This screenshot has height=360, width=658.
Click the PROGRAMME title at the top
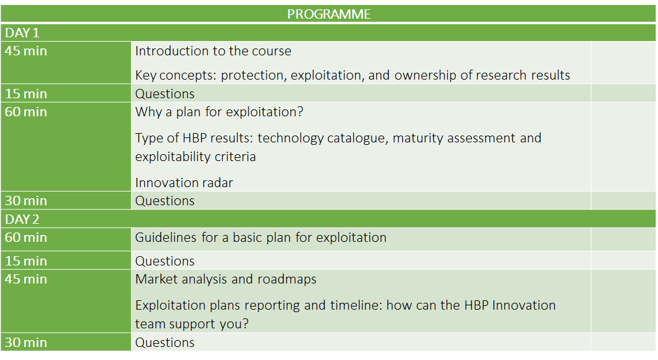click(328, 14)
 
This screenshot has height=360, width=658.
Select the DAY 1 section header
click(22, 33)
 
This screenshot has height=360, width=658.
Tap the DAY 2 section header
click(22, 219)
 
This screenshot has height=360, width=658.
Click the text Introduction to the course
click(213, 51)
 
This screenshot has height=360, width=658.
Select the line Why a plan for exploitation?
click(219, 112)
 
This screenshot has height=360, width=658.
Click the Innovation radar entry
click(184, 183)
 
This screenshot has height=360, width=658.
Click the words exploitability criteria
click(195, 157)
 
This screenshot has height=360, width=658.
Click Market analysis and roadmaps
click(226, 279)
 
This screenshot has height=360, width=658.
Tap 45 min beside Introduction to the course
click(26, 51)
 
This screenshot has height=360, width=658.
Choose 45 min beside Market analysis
click(26, 279)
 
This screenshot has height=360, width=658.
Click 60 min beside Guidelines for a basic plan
click(26, 238)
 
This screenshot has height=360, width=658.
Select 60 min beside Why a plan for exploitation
click(26, 112)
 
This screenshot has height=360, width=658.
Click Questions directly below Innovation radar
click(165, 201)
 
